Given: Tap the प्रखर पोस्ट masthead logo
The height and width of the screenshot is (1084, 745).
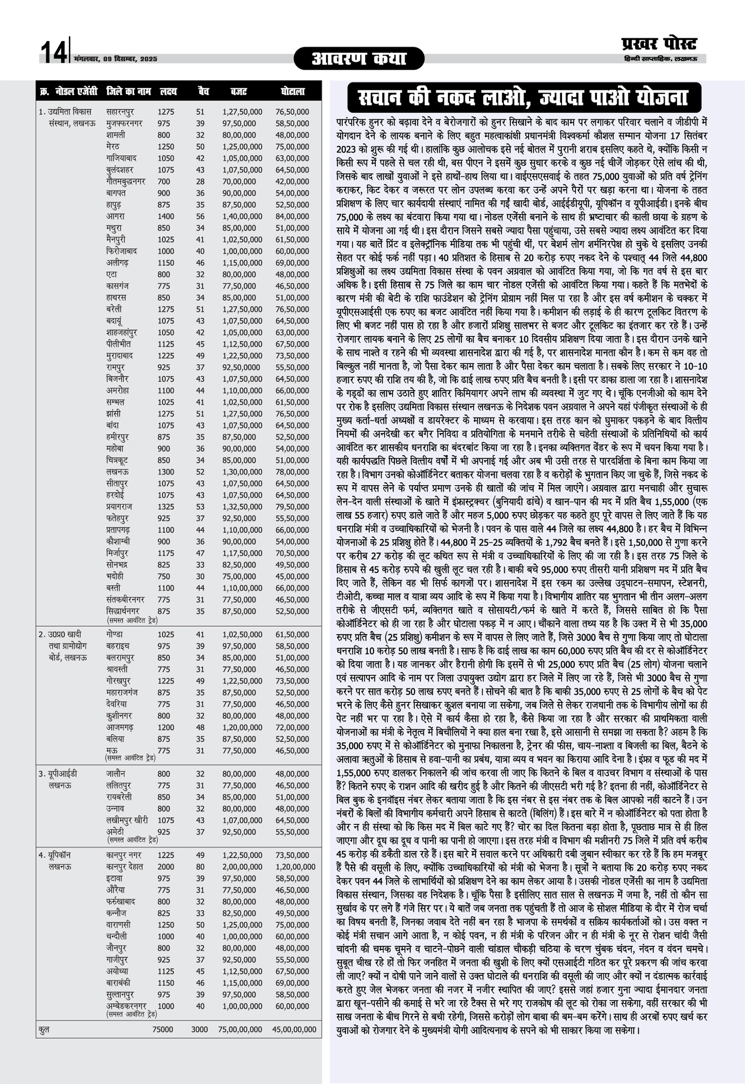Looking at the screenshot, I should (659, 43).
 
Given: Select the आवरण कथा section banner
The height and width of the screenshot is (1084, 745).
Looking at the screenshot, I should (359, 59).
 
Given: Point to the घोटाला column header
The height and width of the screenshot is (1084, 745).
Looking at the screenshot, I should (292, 92).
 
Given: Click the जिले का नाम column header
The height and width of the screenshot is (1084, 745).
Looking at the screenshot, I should (128, 92).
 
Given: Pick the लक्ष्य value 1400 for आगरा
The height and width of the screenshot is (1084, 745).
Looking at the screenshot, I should (165, 217).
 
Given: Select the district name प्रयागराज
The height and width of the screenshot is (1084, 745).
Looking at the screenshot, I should (119, 507).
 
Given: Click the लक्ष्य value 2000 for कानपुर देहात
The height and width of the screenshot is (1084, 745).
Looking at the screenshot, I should (165, 867).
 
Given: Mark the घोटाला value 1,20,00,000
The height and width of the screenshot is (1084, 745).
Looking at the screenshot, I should (295, 867).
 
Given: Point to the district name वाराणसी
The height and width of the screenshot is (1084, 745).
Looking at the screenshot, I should (118, 925).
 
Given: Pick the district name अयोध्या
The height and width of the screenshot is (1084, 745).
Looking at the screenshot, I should (117, 971).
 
